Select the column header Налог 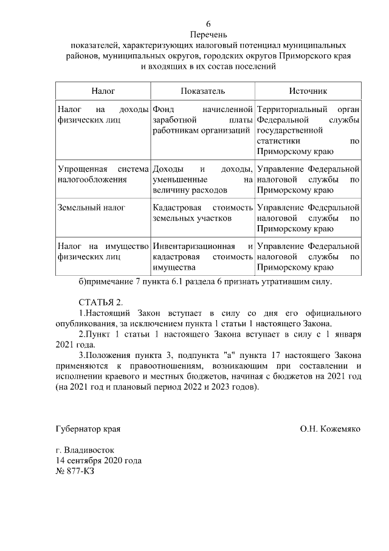click(x=103, y=90)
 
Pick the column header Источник click(x=308, y=90)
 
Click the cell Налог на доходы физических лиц click(x=102, y=114)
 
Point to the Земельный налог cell click(x=91, y=208)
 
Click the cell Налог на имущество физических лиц click(x=102, y=251)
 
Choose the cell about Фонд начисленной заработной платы click(x=202, y=119)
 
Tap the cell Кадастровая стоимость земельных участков click(x=202, y=212)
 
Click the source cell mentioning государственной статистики click(x=308, y=130)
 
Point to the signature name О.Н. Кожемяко click(x=329, y=429)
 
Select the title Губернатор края click(x=88, y=429)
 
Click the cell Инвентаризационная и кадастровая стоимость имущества click(x=202, y=256)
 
